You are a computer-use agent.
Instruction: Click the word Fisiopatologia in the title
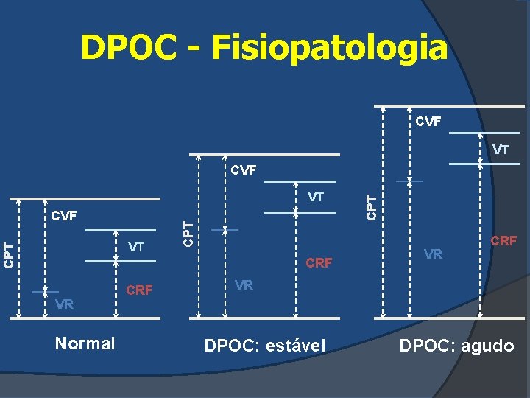[x=329, y=49]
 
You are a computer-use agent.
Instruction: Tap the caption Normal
[x=85, y=343]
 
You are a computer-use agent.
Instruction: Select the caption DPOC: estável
[x=264, y=344]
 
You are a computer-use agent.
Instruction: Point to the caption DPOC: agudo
[x=456, y=344]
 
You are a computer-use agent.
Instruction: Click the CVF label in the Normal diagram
[x=64, y=216]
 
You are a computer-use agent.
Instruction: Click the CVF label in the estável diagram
[x=244, y=171]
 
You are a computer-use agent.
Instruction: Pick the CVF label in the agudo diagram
[x=428, y=120]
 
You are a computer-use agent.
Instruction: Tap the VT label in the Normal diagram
[x=136, y=247]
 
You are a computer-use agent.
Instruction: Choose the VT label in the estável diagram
[x=316, y=197]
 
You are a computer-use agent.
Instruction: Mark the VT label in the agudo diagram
[x=501, y=150]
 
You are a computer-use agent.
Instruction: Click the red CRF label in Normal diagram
[x=140, y=290]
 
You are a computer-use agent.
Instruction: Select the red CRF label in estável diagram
[x=319, y=262]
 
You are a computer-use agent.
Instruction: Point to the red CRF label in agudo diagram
[x=504, y=240]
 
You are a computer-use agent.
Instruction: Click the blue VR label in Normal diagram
[x=65, y=304]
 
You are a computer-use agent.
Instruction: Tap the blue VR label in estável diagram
[x=244, y=284]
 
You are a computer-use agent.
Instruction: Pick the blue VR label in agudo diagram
[x=434, y=254]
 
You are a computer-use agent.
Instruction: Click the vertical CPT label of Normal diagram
[x=8, y=254]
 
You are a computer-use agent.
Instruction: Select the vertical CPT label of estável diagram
[x=188, y=234]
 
